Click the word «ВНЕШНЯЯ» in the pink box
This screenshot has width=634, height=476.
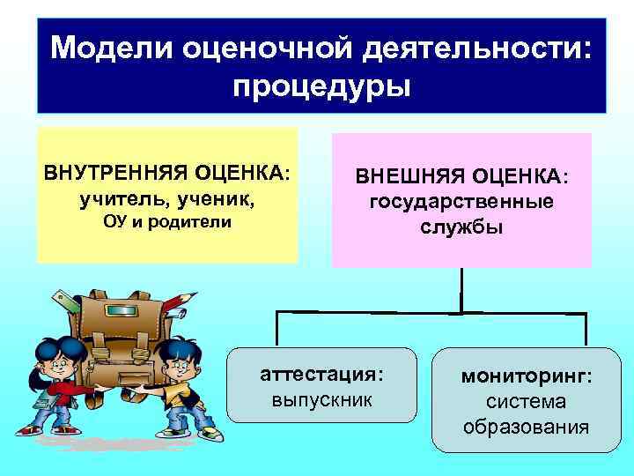(412, 177)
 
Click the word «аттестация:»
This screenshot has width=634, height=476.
(322, 375)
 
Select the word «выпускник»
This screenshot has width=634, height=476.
(322, 399)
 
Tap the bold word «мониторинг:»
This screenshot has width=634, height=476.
(527, 377)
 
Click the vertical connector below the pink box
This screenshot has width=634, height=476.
(461, 288)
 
